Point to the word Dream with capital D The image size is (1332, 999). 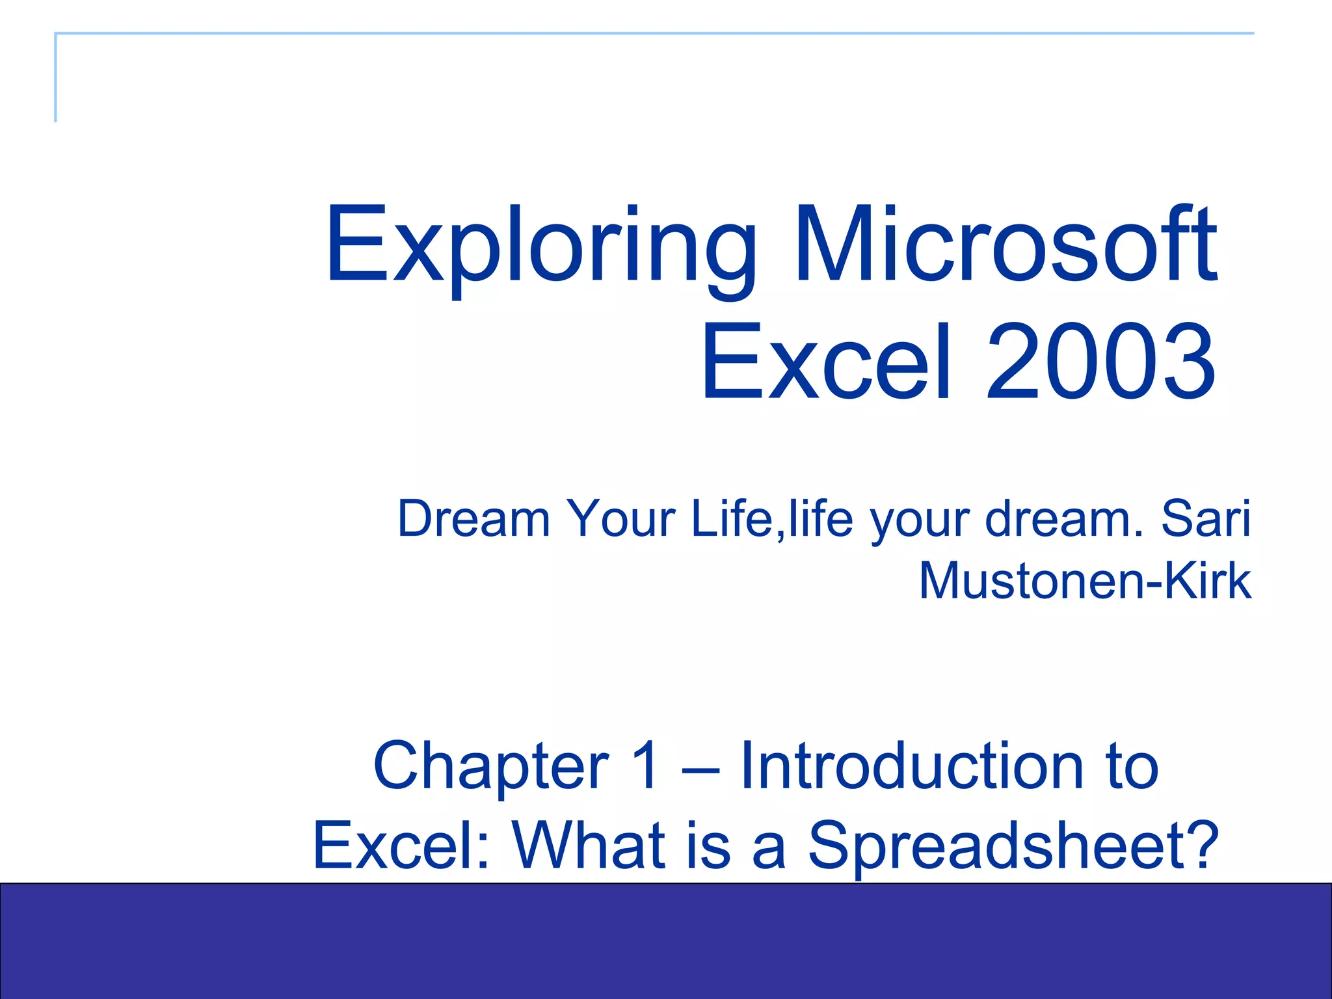[473, 518]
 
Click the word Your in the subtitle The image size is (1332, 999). [621, 518]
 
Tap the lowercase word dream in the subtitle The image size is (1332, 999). [1057, 518]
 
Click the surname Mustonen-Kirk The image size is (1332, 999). [1084, 580]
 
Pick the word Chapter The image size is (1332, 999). [491, 767]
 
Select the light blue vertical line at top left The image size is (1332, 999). [55, 78]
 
